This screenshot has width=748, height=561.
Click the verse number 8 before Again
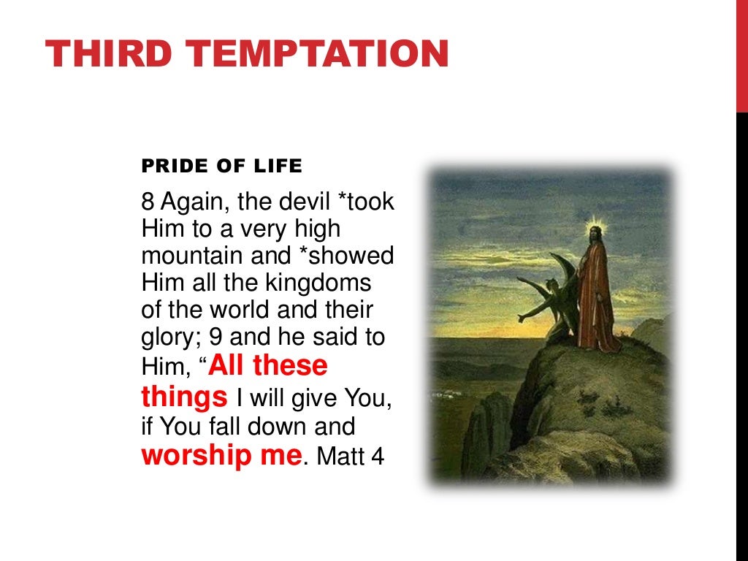[146, 202]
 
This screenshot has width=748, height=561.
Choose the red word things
[183, 397]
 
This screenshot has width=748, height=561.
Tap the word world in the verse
[249, 309]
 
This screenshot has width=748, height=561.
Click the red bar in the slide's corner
[741, 56]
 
